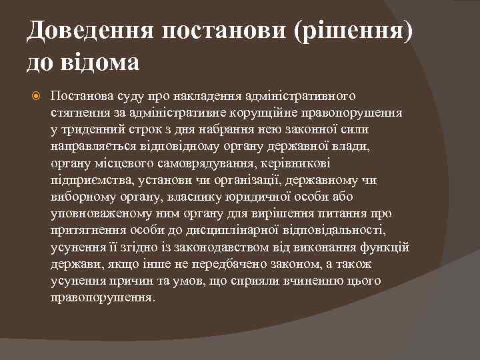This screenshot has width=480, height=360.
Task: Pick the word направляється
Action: [x=91, y=145]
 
